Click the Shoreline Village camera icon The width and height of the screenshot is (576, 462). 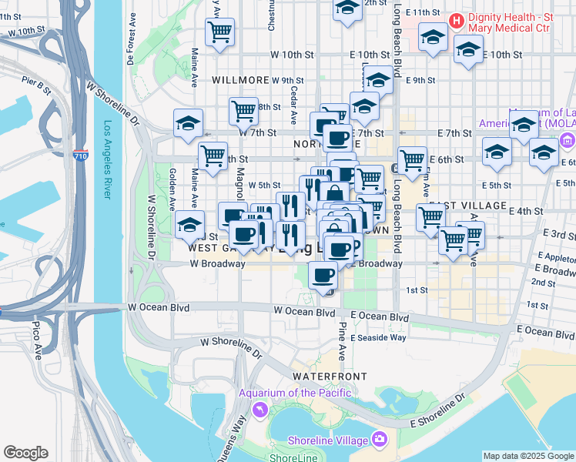pos(379,439)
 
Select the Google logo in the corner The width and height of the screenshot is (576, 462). pos(25,453)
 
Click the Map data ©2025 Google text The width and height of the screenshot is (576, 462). pos(528,456)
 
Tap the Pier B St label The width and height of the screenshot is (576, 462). pos(36,85)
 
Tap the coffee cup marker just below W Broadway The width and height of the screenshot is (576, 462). pos(323,274)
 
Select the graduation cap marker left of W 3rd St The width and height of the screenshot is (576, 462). pos(189,225)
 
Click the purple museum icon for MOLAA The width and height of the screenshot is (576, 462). pos(568,140)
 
